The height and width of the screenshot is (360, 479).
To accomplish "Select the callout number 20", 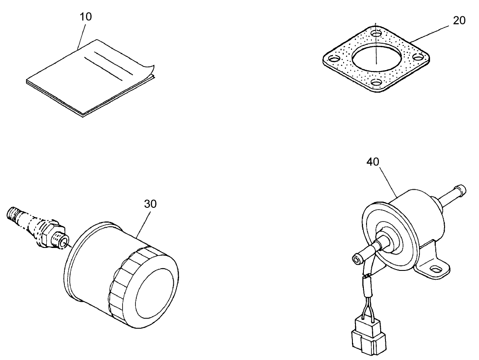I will (x=459, y=21).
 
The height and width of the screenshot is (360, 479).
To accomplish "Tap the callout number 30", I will (x=150, y=204).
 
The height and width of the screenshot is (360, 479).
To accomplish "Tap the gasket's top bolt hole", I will (x=376, y=33).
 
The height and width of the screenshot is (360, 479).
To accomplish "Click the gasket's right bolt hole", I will (x=419, y=56).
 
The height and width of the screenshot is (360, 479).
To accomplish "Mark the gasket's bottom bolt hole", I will (x=376, y=82).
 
